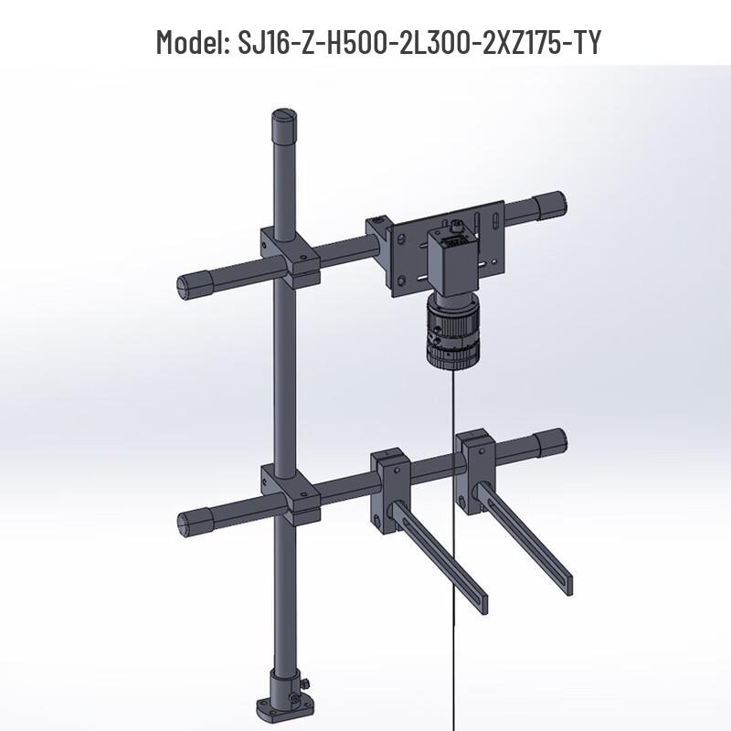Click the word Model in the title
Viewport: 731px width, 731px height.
[x=188, y=42]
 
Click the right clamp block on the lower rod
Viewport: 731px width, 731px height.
[x=476, y=466]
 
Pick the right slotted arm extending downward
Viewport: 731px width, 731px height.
[x=530, y=539]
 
